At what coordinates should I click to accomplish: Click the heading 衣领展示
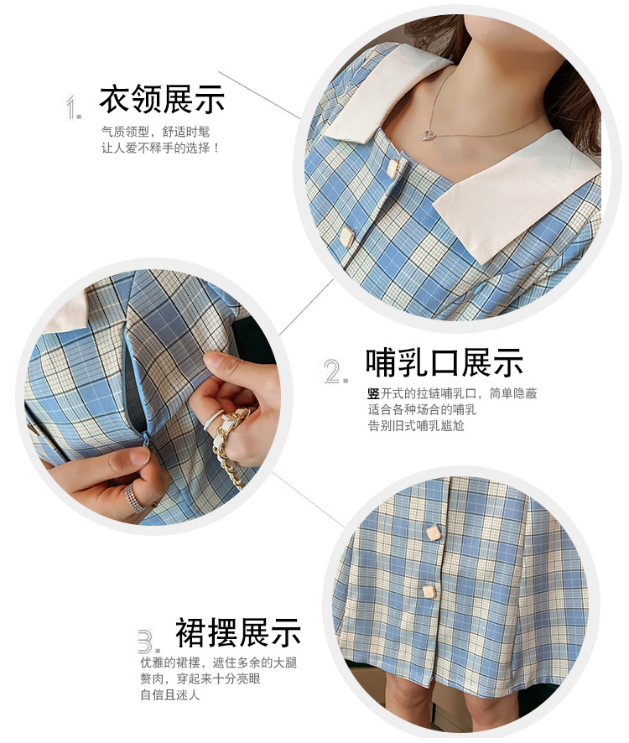pyautogui.click(x=162, y=99)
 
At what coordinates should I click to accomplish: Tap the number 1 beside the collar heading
pyautogui.click(x=73, y=107)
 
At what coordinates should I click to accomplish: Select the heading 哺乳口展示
pyautogui.click(x=444, y=363)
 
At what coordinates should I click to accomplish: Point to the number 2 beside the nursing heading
pyautogui.click(x=335, y=371)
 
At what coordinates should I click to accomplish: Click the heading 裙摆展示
pyautogui.click(x=238, y=632)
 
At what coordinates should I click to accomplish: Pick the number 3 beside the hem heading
pyautogui.click(x=148, y=642)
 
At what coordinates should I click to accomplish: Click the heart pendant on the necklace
pyautogui.click(x=430, y=134)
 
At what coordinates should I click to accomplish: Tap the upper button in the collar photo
pyautogui.click(x=392, y=169)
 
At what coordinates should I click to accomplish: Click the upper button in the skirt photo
pyautogui.click(x=434, y=533)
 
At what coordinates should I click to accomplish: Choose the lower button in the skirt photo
pyautogui.click(x=429, y=591)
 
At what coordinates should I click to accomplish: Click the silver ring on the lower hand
pyautogui.click(x=135, y=498)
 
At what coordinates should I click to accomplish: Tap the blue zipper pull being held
pyautogui.click(x=146, y=439)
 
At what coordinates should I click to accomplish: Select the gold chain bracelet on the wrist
pyautogui.click(x=231, y=445)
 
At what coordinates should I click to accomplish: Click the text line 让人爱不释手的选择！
pyautogui.click(x=160, y=148)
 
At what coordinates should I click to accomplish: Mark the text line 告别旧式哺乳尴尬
pyautogui.click(x=416, y=425)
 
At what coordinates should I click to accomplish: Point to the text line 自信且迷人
pyautogui.click(x=169, y=694)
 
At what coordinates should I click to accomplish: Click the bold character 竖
pyautogui.click(x=373, y=393)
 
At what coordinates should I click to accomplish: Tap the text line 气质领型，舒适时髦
pyautogui.click(x=155, y=132)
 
